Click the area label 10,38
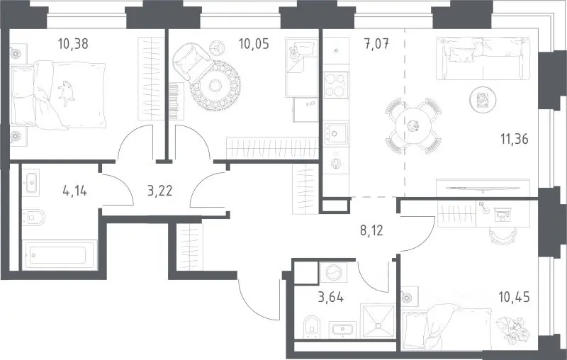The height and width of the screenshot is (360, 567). [73, 44]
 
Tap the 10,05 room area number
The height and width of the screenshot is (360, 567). [254, 44]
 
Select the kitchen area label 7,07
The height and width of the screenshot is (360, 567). [376, 44]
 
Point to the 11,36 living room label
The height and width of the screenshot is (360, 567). [515, 138]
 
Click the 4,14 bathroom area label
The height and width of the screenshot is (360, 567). [75, 191]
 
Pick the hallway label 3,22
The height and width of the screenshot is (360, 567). [160, 191]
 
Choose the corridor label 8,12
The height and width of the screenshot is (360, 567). [371, 230]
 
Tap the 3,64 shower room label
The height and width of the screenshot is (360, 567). [331, 298]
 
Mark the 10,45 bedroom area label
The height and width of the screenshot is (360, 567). [515, 298]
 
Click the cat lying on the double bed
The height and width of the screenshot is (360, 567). [67, 93]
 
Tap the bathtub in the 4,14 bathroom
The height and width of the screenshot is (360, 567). [60, 256]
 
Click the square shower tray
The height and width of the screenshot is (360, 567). [378, 320]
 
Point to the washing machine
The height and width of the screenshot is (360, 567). [333, 273]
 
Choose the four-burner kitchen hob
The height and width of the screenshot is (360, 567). [336, 85]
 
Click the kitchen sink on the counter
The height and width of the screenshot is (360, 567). [335, 134]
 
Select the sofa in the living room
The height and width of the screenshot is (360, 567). [483, 58]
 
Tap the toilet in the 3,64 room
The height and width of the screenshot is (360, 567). [311, 327]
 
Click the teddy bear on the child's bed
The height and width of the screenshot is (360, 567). [293, 53]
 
